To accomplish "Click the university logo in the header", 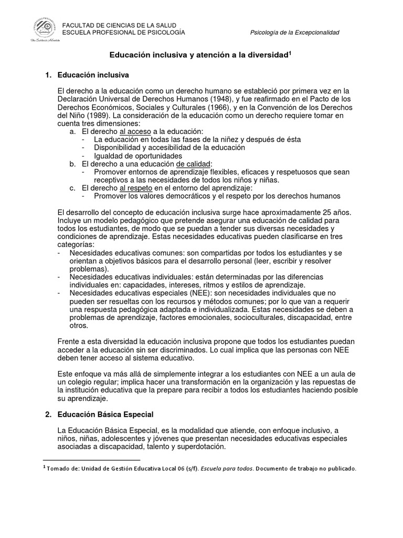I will tap(36, 30).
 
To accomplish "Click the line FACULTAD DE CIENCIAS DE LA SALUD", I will tap(119, 26).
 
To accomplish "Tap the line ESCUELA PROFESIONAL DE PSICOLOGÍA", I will tap(123, 33).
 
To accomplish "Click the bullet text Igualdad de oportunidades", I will tap(138, 156).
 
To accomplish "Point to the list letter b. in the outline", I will tap(73, 164).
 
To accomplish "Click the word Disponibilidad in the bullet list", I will tap(119, 148).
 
